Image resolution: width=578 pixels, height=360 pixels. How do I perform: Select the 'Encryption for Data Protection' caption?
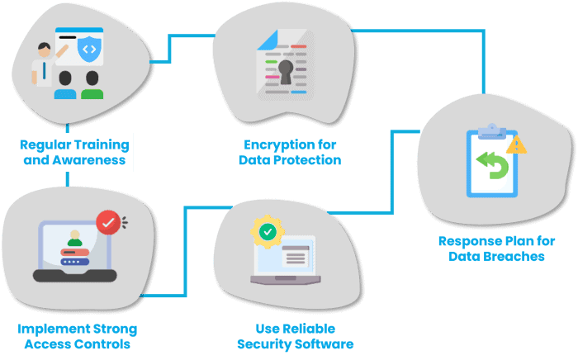(x=289, y=152)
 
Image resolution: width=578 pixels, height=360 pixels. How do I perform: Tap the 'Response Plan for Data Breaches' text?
(x=490, y=249)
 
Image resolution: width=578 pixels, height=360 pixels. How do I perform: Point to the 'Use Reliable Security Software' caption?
(x=295, y=336)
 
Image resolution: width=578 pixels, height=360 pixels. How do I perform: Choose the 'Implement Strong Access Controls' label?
(x=77, y=336)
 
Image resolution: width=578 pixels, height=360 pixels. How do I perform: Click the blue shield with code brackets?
(x=88, y=50)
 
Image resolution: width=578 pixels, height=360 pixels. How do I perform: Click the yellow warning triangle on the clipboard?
(x=517, y=144)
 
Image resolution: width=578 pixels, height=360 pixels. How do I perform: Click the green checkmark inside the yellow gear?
(x=268, y=231)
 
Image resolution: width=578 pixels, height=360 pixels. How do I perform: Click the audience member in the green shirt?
(x=92, y=85)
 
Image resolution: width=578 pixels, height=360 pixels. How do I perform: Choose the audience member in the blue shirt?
(x=64, y=85)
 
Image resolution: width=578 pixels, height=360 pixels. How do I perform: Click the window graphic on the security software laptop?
(x=296, y=253)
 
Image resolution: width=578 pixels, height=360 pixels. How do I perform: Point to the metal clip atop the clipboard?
(x=491, y=129)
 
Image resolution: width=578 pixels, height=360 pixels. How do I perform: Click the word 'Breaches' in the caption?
(x=516, y=257)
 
